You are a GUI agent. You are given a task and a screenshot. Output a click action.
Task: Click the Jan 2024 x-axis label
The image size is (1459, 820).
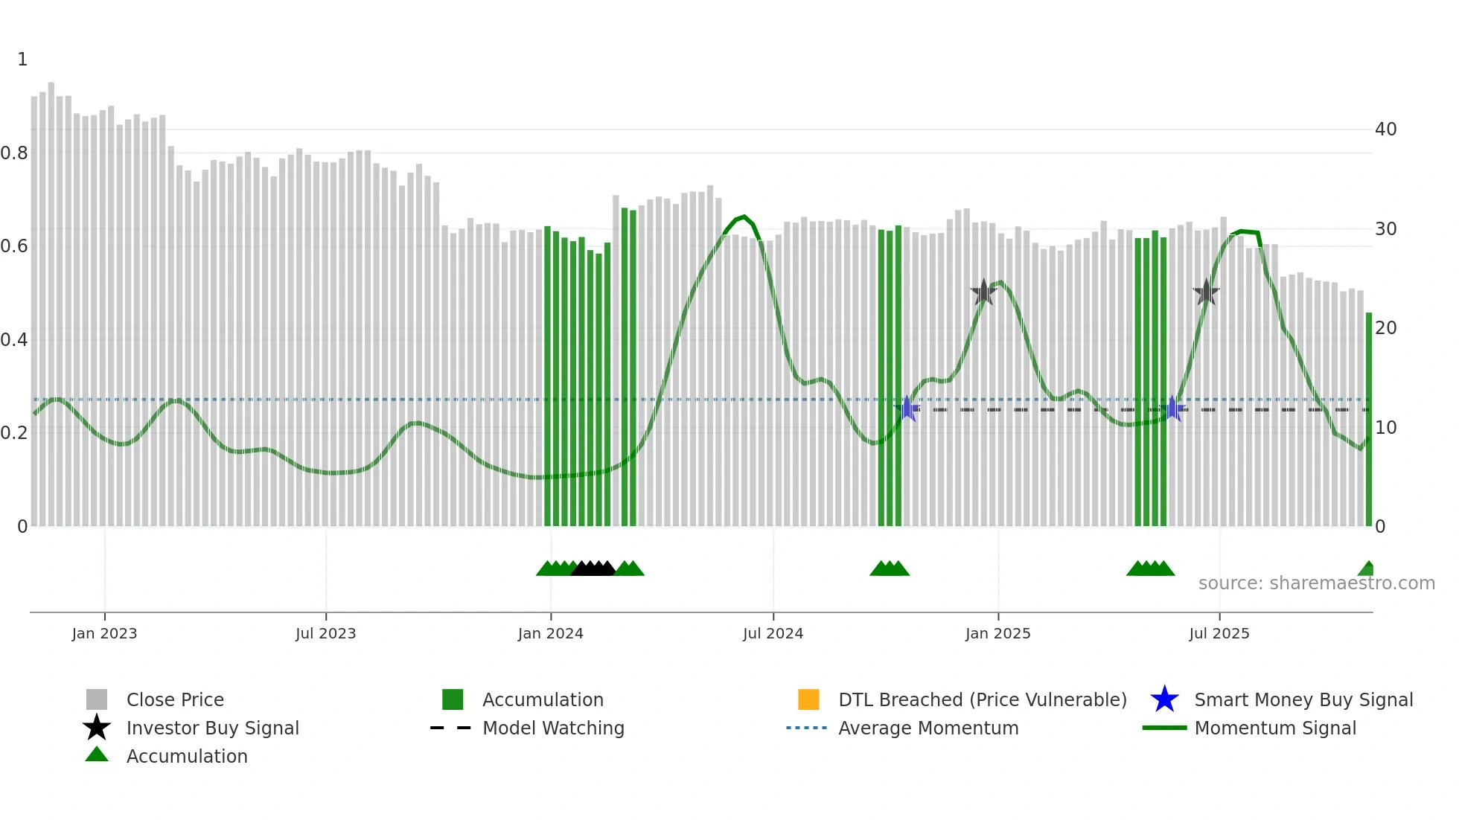click(550, 633)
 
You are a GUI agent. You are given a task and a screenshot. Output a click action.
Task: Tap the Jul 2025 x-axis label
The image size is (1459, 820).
click(1219, 633)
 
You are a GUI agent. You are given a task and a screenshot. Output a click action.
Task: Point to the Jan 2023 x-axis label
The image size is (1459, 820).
click(104, 633)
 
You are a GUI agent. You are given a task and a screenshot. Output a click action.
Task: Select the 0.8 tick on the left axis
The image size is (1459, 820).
click(14, 153)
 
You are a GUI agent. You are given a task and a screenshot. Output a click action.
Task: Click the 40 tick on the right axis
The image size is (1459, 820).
click(1385, 129)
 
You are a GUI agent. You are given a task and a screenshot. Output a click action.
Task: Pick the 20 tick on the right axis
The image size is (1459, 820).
click(1385, 328)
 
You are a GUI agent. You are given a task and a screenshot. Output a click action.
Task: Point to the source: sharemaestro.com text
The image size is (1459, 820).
click(1316, 583)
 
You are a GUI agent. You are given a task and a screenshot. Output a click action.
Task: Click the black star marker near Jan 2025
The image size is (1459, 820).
click(983, 292)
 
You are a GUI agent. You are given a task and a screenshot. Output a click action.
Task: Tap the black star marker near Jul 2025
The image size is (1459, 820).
click(1206, 292)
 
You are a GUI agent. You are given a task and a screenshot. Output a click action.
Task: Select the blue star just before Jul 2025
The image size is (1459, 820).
click(1172, 409)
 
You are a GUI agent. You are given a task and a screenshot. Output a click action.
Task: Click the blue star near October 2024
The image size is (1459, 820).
click(907, 409)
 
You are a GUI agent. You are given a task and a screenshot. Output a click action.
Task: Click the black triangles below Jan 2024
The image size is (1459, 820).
click(593, 569)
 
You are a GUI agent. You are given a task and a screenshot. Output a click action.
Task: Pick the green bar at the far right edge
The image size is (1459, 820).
click(1368, 417)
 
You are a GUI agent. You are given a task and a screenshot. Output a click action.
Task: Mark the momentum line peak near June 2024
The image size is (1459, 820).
click(743, 217)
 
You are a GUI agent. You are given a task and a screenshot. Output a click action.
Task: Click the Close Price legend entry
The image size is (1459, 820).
click(174, 699)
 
